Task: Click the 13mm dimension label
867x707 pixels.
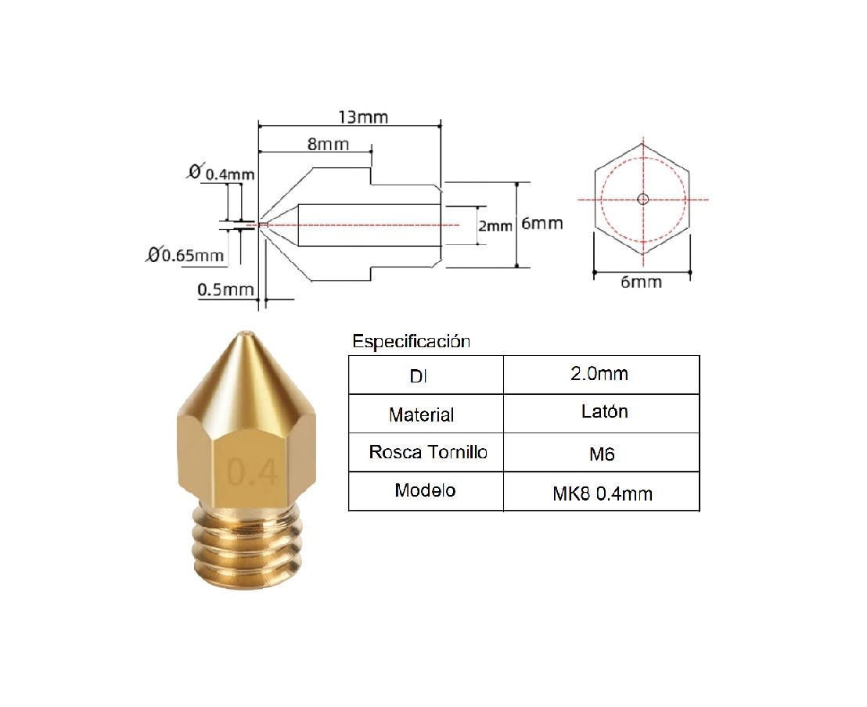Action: pos(363,117)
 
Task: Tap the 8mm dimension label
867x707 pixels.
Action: pos(328,144)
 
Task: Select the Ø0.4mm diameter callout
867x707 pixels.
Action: pos(221,173)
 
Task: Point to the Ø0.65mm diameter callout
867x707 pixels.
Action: pos(185,255)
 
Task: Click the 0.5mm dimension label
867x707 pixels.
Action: pos(225,289)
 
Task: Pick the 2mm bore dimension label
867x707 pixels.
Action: pos(495,225)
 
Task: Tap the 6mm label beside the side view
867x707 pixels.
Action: pos(541,224)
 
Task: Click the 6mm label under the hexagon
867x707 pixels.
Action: pos(642,282)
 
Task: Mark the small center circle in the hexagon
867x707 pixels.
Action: pos(642,199)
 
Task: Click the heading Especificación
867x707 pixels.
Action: pos(412,341)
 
